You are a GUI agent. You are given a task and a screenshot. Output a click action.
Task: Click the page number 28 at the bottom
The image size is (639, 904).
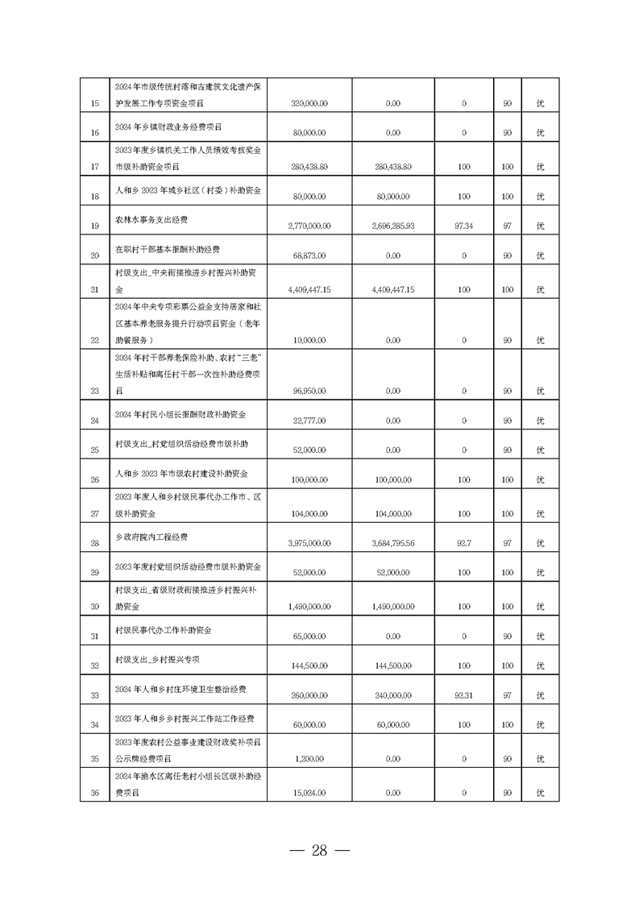pyautogui.click(x=319, y=851)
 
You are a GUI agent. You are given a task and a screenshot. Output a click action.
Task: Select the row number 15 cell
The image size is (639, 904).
pyautogui.click(x=94, y=104)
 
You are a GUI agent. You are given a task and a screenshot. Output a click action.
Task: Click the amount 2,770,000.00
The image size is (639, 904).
pyautogui.click(x=310, y=226)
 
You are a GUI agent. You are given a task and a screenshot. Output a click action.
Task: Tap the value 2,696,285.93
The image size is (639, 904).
pyautogui.click(x=394, y=226)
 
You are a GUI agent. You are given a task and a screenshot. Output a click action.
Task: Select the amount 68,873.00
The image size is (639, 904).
pyautogui.click(x=310, y=255)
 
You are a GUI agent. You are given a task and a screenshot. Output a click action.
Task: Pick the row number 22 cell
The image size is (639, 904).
pyautogui.click(x=94, y=340)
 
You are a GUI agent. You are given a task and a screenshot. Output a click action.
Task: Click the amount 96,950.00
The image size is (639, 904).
pyautogui.click(x=310, y=391)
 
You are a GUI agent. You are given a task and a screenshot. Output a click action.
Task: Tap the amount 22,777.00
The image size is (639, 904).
pyautogui.click(x=310, y=421)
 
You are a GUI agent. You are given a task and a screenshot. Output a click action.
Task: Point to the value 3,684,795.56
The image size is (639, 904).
pyautogui.click(x=394, y=544)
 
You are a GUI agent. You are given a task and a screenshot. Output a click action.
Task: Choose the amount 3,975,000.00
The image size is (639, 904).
pyautogui.click(x=310, y=544)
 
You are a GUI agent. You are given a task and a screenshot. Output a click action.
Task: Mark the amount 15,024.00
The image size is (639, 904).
pyautogui.click(x=310, y=794)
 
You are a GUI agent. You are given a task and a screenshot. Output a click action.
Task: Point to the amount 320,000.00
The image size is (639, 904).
pyautogui.click(x=310, y=104)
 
